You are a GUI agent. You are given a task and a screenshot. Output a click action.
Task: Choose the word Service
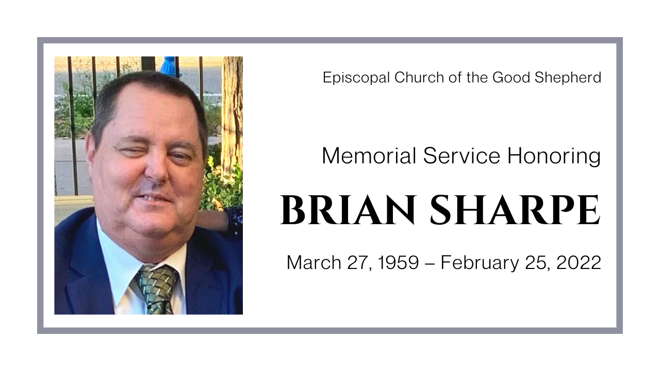(x=461, y=156)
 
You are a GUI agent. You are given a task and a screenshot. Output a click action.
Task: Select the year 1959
(x=398, y=263)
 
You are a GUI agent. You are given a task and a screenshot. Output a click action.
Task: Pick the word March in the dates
(x=309, y=263)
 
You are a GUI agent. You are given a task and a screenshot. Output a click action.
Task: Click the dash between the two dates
(x=430, y=263)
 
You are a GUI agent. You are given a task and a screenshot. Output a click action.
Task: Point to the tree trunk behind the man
(x=232, y=113)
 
